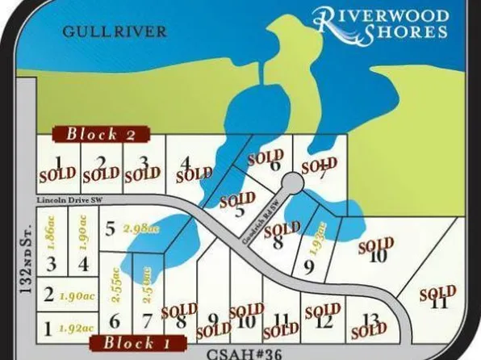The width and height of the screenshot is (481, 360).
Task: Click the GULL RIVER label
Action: [x=114, y=31]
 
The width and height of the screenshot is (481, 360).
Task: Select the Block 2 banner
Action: [x=100, y=134]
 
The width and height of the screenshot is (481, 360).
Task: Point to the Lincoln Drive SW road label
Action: [x=72, y=199]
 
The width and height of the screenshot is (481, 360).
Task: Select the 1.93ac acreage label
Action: [x=323, y=238]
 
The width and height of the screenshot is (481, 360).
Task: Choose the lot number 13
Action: [x=371, y=320]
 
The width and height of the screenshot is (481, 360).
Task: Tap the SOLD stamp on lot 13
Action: [x=367, y=329]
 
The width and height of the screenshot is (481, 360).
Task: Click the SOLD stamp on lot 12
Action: [x=321, y=311]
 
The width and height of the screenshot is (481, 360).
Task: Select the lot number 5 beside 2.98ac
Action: [x=110, y=228]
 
